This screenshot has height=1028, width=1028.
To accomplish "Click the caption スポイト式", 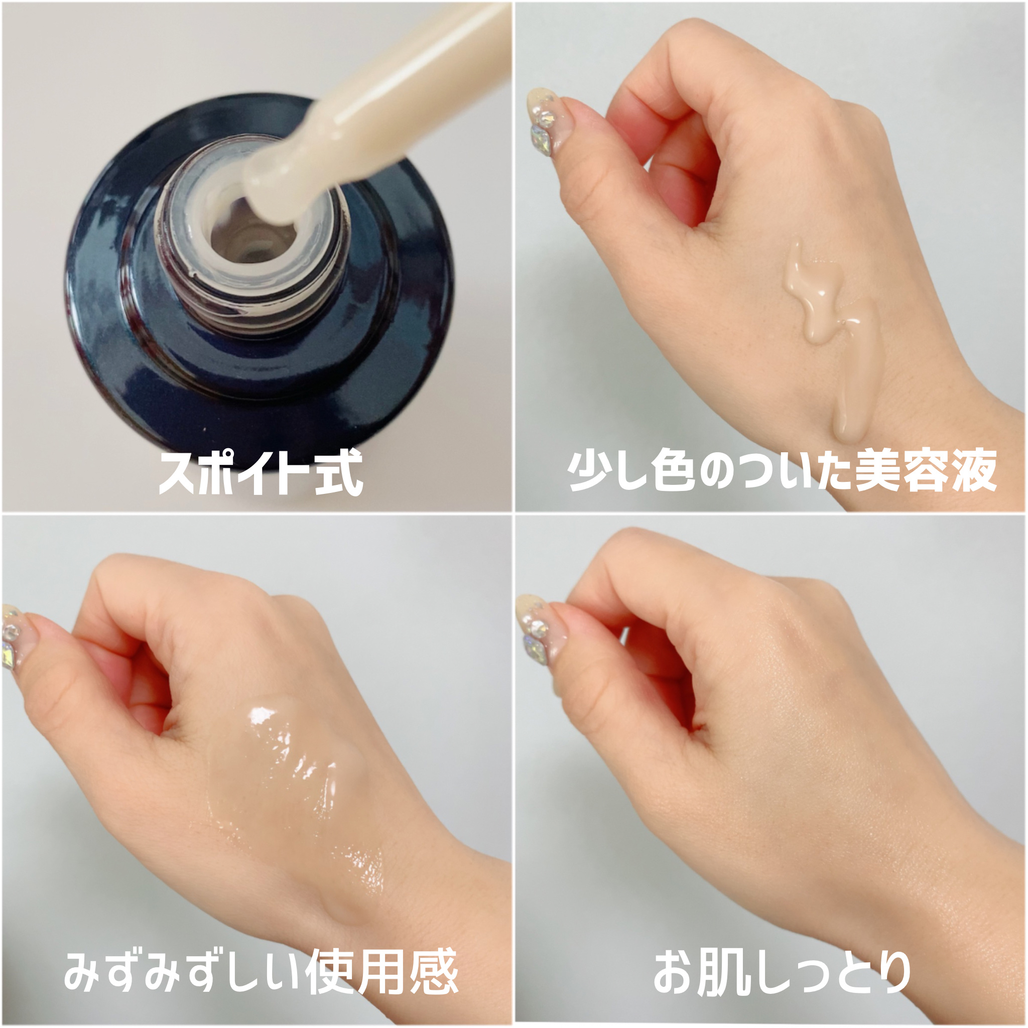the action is coord(261,472).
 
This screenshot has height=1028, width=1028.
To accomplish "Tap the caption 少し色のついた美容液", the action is coord(781,470).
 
